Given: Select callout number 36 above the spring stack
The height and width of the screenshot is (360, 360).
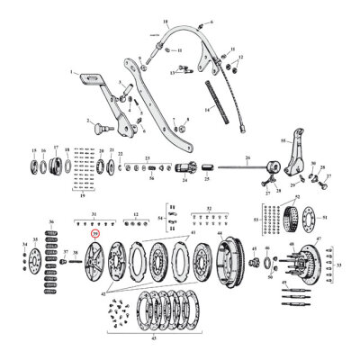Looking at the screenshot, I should pos(50,221).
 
